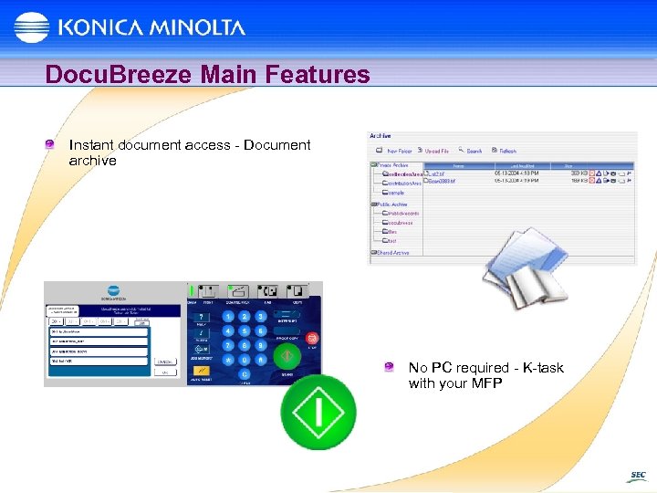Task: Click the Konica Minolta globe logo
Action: point(32,27)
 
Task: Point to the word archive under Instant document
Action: point(92,161)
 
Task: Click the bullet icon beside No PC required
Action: point(390,367)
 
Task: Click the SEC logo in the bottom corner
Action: point(636,476)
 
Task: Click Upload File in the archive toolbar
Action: point(436,151)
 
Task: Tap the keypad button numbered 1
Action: point(229,316)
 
